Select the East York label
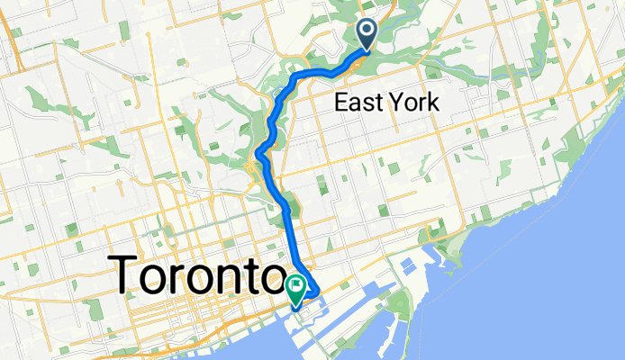click(x=386, y=103)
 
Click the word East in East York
click(x=358, y=103)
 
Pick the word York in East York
click(x=414, y=103)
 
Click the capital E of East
click(x=340, y=103)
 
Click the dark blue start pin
click(x=368, y=33)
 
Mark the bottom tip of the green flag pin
click(x=295, y=306)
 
